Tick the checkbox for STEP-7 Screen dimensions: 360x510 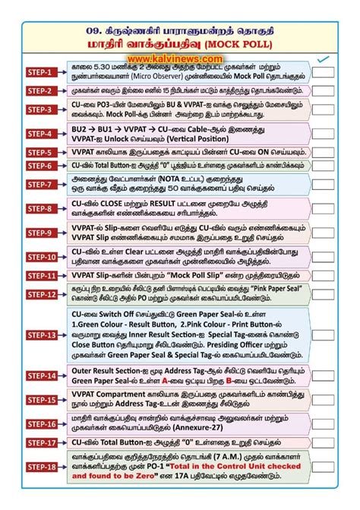click(324, 184)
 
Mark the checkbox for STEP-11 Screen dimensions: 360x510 click(324, 276)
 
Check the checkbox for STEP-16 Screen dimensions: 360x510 click(324, 423)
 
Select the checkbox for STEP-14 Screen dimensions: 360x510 click(324, 375)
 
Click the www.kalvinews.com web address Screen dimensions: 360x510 click(179, 58)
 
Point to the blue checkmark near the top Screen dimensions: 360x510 click(324, 59)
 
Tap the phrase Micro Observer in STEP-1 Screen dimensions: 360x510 click(172, 76)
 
